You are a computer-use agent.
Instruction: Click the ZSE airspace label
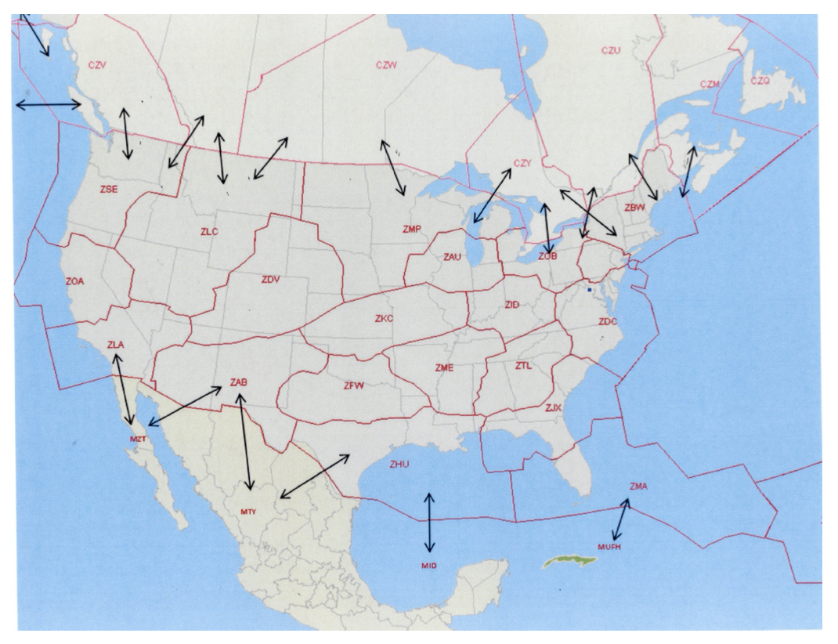109,189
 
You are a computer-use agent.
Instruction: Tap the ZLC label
208,231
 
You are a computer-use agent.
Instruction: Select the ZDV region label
271,279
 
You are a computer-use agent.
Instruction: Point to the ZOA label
75,280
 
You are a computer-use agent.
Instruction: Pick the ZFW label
354,385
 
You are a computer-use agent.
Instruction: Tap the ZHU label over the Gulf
399,465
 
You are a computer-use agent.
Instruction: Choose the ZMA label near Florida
638,487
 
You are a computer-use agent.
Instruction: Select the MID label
428,565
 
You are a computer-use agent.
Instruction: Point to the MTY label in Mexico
248,512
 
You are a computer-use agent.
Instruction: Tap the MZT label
138,439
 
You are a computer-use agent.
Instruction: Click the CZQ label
760,80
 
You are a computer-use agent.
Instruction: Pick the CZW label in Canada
386,65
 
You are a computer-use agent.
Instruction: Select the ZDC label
609,321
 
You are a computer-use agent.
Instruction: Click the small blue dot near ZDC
589,290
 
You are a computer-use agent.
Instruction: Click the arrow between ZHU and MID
428,523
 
